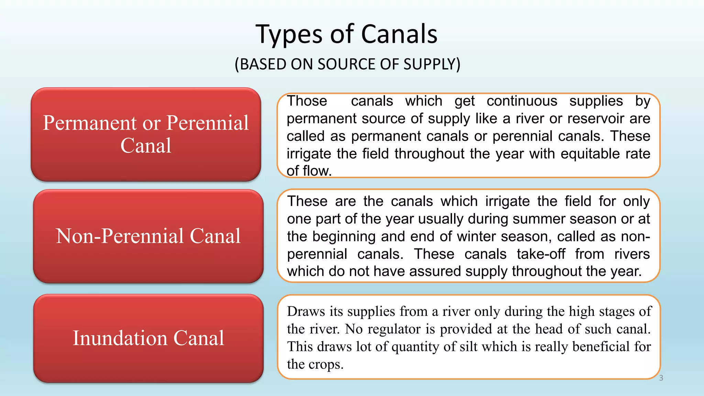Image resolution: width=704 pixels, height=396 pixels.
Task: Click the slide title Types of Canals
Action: click(x=346, y=34)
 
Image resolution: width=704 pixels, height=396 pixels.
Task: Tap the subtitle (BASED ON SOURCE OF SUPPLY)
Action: click(x=347, y=64)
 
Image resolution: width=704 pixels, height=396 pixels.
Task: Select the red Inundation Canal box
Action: click(x=148, y=338)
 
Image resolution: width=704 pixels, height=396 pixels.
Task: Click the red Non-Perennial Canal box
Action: click(x=148, y=236)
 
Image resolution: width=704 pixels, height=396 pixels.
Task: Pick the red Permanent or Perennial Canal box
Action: click(x=146, y=134)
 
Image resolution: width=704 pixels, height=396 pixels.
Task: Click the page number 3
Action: click(x=661, y=378)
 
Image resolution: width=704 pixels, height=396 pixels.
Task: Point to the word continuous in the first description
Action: click(x=522, y=101)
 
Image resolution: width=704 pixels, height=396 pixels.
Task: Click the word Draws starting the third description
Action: click(x=306, y=311)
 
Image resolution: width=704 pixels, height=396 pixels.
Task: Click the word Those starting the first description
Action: click(x=307, y=101)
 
